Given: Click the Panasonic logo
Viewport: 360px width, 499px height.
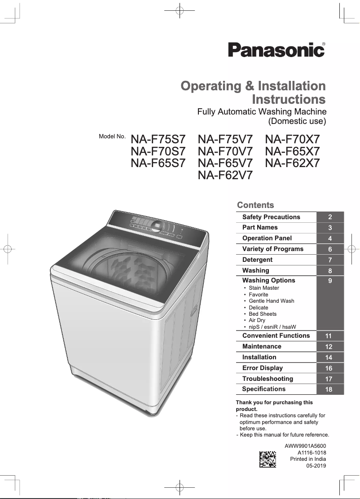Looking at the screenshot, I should click(x=277, y=49).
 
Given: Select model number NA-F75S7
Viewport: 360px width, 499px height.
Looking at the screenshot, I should click(x=158, y=140).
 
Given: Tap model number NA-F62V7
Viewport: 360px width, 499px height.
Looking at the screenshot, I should click(x=225, y=175).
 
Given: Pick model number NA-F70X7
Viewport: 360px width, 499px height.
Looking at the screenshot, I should click(x=292, y=140).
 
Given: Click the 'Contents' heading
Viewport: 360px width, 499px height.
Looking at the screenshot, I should click(x=255, y=205).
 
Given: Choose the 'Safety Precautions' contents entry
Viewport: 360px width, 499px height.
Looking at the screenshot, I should click(x=271, y=217).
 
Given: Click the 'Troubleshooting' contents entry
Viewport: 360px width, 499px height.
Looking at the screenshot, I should click(x=268, y=379).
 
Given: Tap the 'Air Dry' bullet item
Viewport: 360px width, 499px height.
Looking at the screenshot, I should click(x=257, y=320).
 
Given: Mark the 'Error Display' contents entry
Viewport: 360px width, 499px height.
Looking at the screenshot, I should click(x=263, y=368).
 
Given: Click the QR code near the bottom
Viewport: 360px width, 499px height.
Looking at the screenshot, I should click(x=268, y=459).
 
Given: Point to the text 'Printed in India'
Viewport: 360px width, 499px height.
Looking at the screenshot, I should click(x=308, y=459).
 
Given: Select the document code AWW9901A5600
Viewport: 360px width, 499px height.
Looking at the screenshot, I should click(x=305, y=446).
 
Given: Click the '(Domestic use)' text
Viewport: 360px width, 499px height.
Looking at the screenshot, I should click(x=297, y=121).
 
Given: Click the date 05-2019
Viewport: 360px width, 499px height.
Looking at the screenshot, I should click(x=316, y=466).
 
